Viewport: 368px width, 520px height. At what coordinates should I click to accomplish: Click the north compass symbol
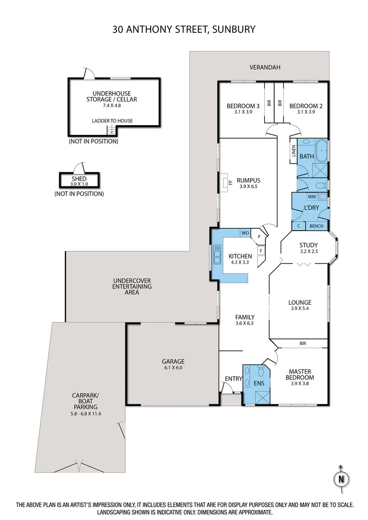coord(341,479)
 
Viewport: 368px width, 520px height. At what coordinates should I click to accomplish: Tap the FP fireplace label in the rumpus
coord(230,182)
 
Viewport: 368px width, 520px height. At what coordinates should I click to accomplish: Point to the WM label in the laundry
coord(311,196)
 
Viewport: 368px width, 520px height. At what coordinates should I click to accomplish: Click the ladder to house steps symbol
coord(112,129)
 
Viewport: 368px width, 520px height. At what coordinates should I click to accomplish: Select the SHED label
coord(79,179)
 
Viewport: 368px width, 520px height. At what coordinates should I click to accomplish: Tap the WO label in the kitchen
coord(245,233)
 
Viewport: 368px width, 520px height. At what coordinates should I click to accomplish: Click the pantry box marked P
coord(259,236)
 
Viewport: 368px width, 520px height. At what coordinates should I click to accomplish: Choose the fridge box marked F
coord(261,250)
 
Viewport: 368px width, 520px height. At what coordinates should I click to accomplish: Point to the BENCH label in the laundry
coord(316,226)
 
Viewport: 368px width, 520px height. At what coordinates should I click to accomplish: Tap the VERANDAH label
coord(264,67)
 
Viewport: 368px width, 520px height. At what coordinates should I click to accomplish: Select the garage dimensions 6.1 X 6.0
coord(173,368)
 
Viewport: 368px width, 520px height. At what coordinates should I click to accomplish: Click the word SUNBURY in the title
coord(233,29)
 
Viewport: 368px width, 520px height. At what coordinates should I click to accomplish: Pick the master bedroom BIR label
coord(302,344)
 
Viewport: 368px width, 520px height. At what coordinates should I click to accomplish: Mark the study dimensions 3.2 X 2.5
coord(308,251)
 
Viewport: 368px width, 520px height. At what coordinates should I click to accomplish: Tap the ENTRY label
coord(234,378)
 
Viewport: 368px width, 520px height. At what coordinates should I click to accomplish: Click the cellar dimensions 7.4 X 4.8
coord(112,105)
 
